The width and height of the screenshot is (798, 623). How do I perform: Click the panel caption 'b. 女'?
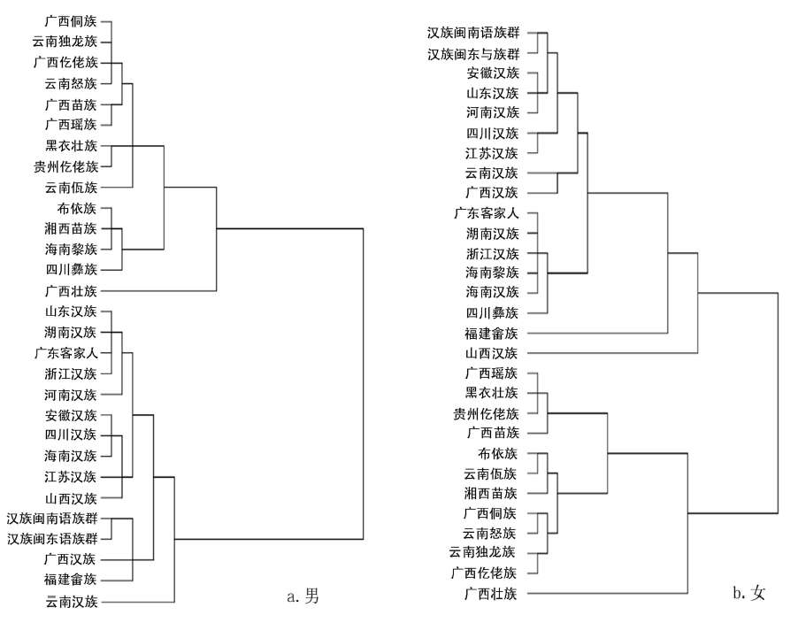(748, 592)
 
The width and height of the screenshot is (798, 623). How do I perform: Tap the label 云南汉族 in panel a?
(73, 603)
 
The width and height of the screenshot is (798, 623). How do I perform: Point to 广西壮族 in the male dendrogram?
(73, 290)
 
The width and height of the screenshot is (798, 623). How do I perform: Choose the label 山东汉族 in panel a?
(73, 311)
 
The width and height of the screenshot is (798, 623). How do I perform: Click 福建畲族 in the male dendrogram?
(73, 580)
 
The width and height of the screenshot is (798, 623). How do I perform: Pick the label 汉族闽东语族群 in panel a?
(54, 538)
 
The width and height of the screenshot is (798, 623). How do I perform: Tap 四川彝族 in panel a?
(73, 269)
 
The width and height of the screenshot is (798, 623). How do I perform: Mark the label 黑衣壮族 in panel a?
(73, 145)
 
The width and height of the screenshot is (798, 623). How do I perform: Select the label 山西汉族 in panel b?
(496, 353)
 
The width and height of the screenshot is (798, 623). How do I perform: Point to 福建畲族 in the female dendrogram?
(496, 333)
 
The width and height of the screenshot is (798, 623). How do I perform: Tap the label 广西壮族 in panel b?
(496, 592)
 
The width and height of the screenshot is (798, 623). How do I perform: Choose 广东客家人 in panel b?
(490, 213)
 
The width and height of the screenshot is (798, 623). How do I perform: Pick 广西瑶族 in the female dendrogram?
(496, 373)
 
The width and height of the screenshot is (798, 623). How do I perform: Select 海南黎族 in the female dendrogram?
(496, 273)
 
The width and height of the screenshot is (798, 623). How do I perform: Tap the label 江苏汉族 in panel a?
(73, 476)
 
